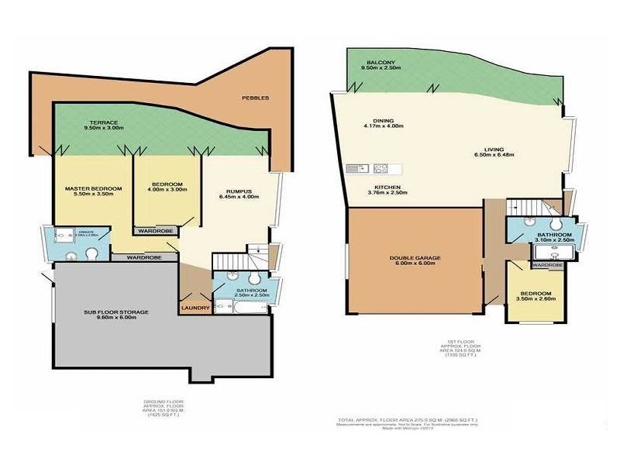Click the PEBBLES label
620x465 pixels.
point(255,98)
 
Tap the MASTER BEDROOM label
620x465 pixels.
point(92,188)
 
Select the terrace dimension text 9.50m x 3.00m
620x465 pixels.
point(104,129)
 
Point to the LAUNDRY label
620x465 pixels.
point(195,307)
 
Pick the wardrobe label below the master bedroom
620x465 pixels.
point(144,257)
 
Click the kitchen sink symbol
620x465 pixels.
point(356,168)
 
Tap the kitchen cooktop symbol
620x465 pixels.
point(381,168)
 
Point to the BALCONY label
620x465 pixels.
point(377,62)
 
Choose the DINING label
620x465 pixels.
point(383,121)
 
